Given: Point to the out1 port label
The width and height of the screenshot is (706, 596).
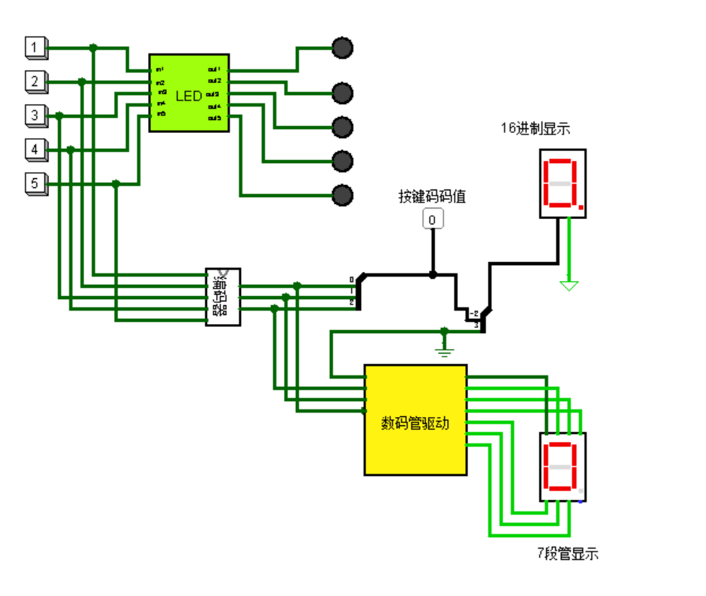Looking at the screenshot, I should tap(214, 69).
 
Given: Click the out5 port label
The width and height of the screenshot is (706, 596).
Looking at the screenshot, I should tap(214, 119).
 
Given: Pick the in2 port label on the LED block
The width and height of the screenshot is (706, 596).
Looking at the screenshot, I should tap(160, 82).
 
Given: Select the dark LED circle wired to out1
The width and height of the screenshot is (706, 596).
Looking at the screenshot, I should tap(343, 48).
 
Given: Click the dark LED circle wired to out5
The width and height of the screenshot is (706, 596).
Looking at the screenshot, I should tap(343, 195).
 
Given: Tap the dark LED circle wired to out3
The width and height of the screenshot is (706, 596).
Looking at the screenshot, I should tap(343, 127).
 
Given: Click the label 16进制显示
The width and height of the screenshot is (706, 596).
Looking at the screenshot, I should tap(535, 129).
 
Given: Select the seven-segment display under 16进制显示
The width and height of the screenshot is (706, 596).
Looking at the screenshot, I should tap(563, 184).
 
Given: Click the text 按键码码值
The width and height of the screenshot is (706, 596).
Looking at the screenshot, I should tap(432, 197).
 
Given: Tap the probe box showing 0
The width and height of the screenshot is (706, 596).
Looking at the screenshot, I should tap(432, 220).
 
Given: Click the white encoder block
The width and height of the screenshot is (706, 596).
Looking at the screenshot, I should tap(224, 297).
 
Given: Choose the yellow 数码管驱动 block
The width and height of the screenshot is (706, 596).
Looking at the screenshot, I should tap(415, 420).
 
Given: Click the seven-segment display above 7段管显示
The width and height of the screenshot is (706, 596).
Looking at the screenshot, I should tap(563, 467).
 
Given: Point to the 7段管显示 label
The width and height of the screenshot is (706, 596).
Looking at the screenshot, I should tap(567, 554).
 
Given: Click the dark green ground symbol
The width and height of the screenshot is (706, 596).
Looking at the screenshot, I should tap(444, 347).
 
